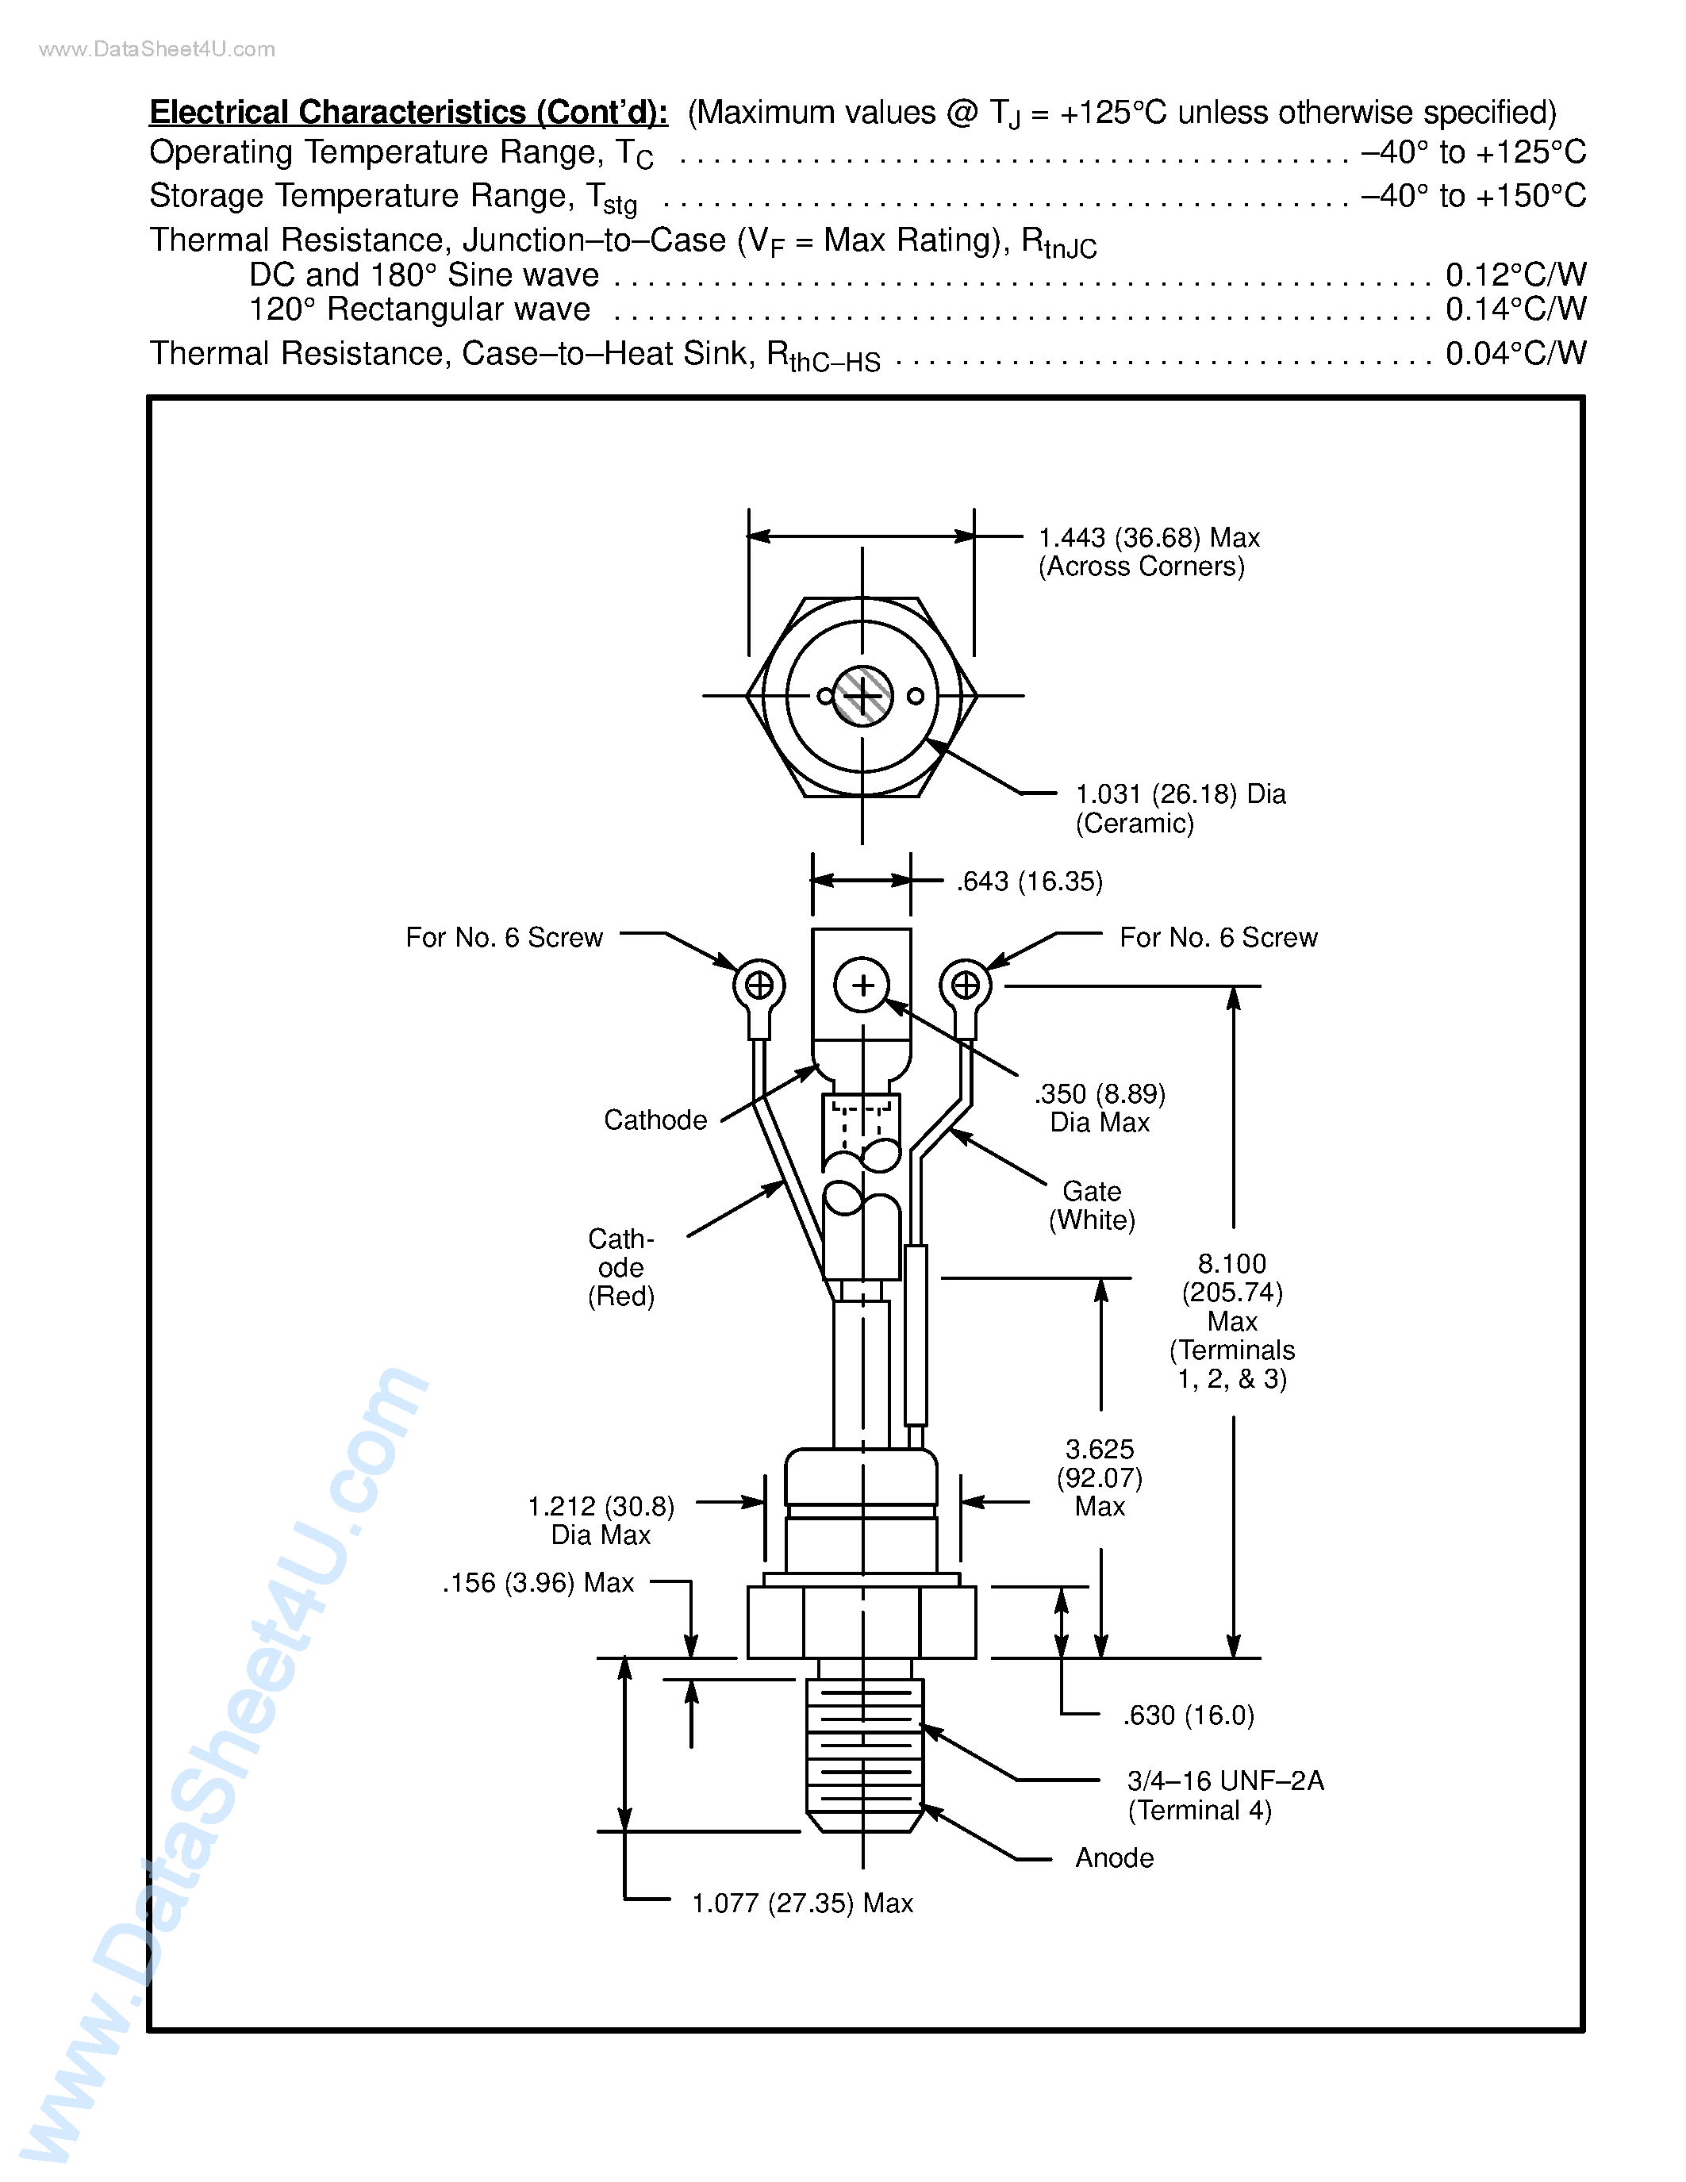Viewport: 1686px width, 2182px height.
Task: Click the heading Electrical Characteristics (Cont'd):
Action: coord(408,112)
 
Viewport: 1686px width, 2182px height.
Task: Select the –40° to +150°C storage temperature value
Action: coord(1473,196)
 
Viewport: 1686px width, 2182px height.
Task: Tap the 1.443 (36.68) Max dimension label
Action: coord(1149,539)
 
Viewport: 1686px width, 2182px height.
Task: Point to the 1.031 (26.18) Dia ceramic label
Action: coord(1180,794)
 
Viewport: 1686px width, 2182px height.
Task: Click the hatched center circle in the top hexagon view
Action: coord(862,695)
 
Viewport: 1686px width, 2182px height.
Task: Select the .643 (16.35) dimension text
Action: coord(1029,882)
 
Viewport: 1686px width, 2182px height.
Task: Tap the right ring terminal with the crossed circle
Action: coord(965,986)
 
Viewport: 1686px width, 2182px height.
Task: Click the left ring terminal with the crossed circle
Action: coord(759,986)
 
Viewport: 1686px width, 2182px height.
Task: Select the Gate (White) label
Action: coord(1092,1205)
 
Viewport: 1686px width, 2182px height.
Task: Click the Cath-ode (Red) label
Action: coord(620,1267)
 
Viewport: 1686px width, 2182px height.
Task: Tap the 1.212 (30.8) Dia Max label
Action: coord(601,1519)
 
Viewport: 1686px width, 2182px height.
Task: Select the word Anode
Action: coord(1114,1857)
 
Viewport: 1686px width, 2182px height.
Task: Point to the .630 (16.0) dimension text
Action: coord(1188,1715)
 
